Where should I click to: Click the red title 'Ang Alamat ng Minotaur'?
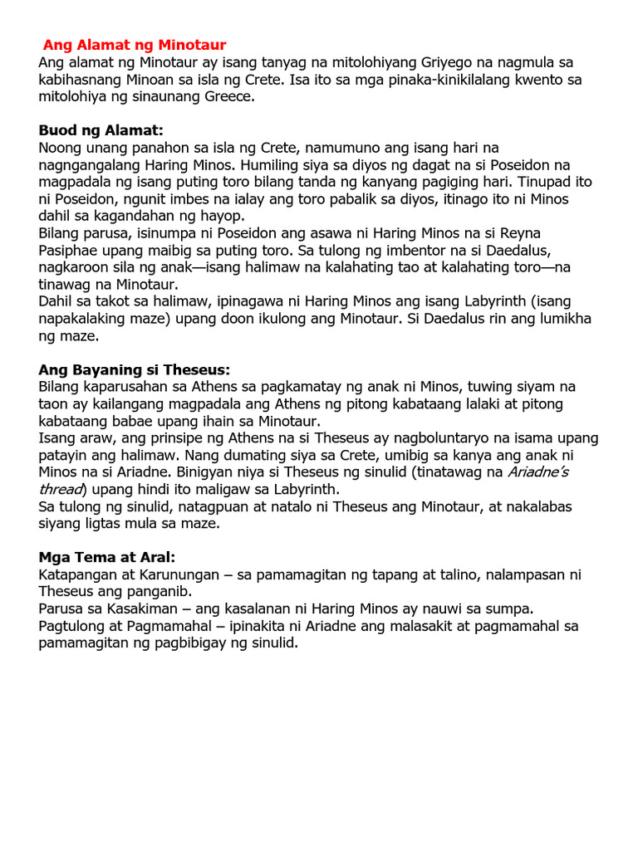tap(135, 45)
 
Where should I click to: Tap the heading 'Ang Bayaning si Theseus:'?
tap(135, 369)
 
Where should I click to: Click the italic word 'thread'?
tap(60, 489)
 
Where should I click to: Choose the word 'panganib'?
tap(164, 591)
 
